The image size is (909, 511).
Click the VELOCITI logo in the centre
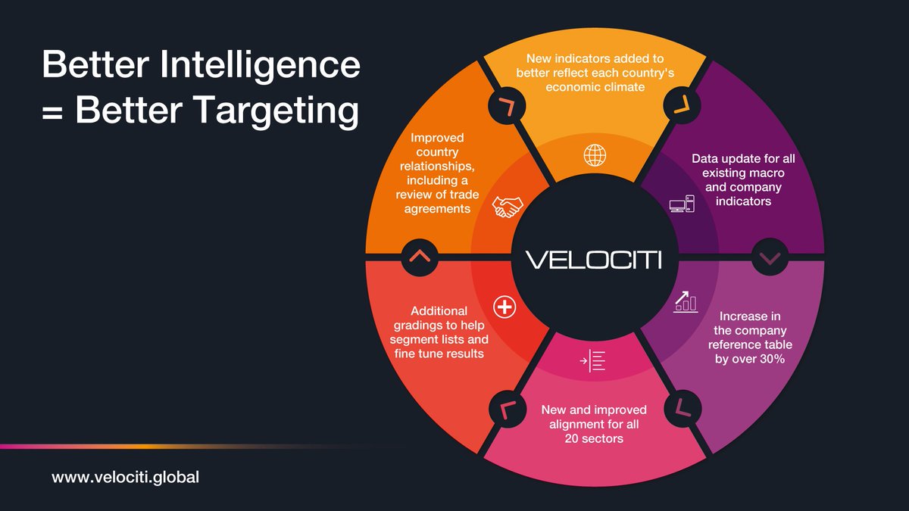(x=595, y=260)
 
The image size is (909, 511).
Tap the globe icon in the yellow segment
(x=595, y=155)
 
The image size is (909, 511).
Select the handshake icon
(x=507, y=207)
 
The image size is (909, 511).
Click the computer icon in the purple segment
(x=682, y=204)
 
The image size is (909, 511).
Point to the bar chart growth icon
(x=685, y=301)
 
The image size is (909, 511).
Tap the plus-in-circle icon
(x=504, y=307)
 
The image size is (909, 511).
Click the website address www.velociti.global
(x=125, y=478)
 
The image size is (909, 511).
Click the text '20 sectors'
(x=595, y=438)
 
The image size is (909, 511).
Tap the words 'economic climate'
(x=595, y=87)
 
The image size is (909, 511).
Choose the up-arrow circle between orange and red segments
(x=419, y=256)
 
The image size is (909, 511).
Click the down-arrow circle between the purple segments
(x=770, y=259)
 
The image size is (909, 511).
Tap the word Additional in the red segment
(x=439, y=311)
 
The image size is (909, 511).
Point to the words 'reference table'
(x=750, y=345)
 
